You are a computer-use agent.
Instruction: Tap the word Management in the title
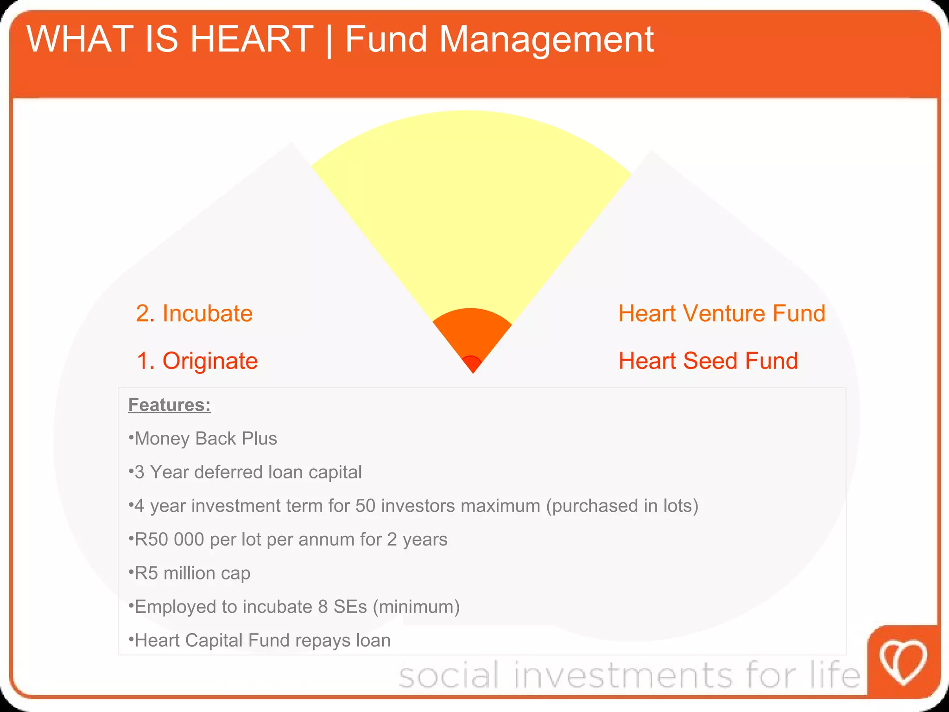546,40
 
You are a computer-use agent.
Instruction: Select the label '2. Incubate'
194,313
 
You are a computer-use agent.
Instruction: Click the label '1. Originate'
197,361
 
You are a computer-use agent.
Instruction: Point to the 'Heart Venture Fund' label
722,313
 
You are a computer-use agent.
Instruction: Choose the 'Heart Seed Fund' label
709,361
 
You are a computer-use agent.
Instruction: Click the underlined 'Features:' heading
170,405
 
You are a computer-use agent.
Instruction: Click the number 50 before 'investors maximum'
365,506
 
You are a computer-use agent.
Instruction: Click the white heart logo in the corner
903,662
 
